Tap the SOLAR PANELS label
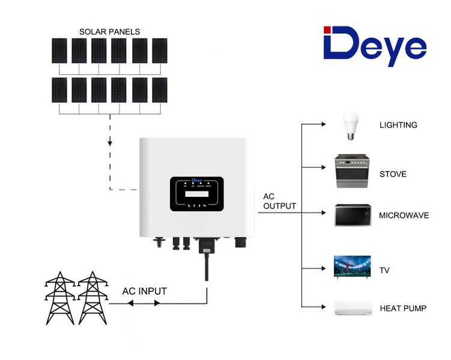click(x=109, y=31)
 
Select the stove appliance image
click(x=354, y=172)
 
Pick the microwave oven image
click(x=353, y=215)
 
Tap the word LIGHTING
click(x=398, y=125)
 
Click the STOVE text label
click(x=393, y=175)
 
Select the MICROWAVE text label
click(x=404, y=215)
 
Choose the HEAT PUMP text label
click(x=403, y=308)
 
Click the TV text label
click(x=384, y=271)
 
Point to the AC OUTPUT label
click(x=279, y=202)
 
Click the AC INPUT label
click(x=144, y=292)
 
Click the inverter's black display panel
click(x=197, y=194)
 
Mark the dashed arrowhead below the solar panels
click(x=109, y=144)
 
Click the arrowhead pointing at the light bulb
click(x=321, y=125)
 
